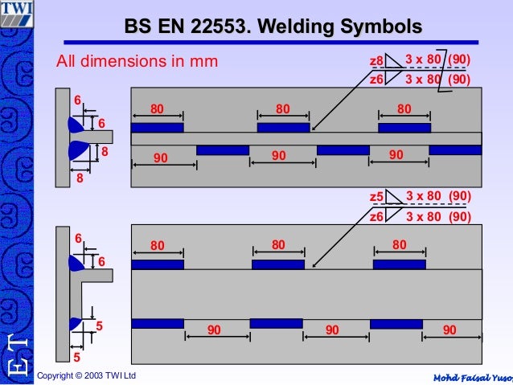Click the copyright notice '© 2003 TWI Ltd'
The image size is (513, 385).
click(87, 376)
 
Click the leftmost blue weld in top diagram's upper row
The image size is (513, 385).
click(157, 128)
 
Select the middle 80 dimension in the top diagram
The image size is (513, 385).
click(283, 108)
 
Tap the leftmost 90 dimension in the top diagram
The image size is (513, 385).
click(161, 158)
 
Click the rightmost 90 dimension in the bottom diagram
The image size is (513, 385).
click(449, 329)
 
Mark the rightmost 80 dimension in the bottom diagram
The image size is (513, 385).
click(400, 244)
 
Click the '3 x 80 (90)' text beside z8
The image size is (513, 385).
click(438, 60)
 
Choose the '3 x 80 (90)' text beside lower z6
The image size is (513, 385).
click(438, 216)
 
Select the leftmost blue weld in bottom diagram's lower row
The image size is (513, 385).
click(158, 324)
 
